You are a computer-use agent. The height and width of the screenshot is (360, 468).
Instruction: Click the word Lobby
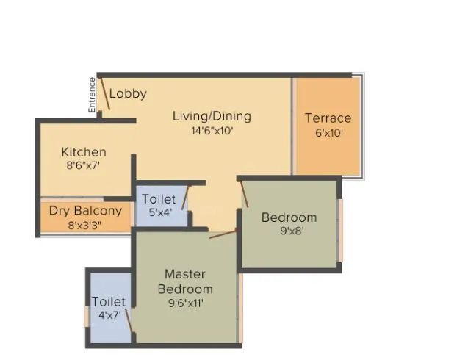point(128,94)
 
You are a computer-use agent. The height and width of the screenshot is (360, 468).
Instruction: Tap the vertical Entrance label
point(93,95)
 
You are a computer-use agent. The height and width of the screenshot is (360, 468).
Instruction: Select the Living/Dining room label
point(212,116)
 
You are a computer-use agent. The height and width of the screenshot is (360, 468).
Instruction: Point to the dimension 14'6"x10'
point(212,131)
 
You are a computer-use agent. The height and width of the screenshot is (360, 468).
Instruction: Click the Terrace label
point(328,118)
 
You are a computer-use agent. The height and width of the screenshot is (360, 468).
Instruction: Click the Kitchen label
point(84,152)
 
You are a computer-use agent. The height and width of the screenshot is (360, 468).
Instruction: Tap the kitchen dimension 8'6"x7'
point(83,166)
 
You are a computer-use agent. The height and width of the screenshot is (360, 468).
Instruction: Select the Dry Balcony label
point(85,211)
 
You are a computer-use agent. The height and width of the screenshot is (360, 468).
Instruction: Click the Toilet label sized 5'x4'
point(159,199)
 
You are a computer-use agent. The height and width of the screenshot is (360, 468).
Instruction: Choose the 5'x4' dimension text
point(159,213)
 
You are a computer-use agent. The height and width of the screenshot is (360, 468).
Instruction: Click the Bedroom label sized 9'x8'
point(289,217)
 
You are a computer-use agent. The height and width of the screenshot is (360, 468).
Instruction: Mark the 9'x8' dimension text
point(289,231)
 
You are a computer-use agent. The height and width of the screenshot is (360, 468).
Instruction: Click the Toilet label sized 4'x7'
point(109,302)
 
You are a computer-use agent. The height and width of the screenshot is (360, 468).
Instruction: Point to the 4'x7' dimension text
point(109,316)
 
